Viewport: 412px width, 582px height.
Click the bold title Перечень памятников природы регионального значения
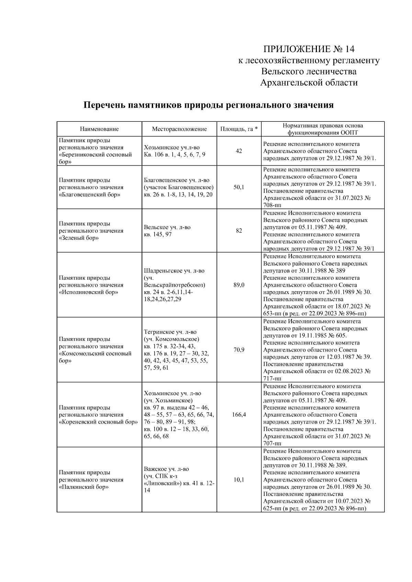click(x=209, y=105)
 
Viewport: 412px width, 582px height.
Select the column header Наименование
click(x=99, y=129)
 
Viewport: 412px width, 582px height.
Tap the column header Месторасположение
click(x=179, y=129)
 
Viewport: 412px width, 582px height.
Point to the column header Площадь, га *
click(x=239, y=129)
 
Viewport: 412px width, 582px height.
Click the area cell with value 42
click(x=239, y=151)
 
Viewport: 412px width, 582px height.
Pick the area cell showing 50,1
click(x=239, y=187)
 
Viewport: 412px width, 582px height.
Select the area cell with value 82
click(x=239, y=231)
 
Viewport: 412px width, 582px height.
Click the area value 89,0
click(x=239, y=285)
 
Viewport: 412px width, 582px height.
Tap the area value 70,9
click(x=239, y=350)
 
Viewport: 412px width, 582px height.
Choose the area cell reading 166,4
click(x=239, y=415)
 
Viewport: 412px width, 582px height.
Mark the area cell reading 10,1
click(x=239, y=479)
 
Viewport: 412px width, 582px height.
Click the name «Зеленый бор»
click(x=79, y=238)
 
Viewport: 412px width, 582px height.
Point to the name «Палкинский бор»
click(x=84, y=487)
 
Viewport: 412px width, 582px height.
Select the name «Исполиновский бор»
click(x=89, y=292)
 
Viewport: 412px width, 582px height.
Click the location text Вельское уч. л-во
click(x=167, y=227)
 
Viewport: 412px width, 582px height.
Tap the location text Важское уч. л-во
click(x=167, y=469)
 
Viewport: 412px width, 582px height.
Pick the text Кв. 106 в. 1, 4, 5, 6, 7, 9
click(x=175, y=155)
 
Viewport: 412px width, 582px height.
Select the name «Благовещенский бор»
click(x=90, y=194)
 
